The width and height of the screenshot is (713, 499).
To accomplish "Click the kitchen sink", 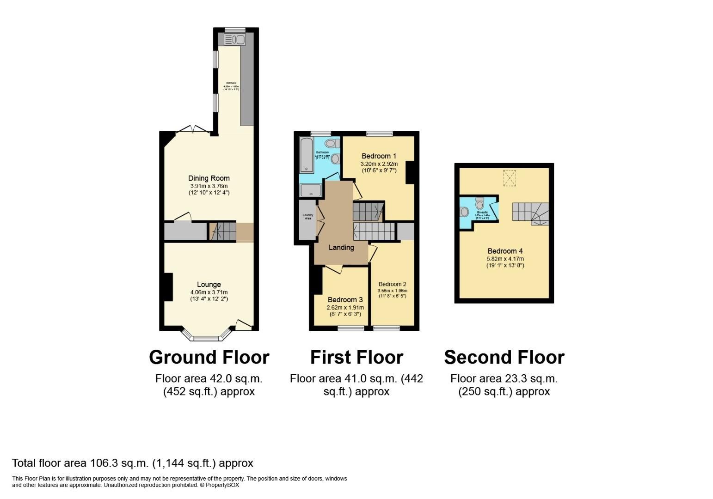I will click(x=234, y=40).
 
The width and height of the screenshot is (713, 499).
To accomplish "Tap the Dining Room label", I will click(x=209, y=178).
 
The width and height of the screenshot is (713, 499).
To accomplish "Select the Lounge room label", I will click(x=209, y=285).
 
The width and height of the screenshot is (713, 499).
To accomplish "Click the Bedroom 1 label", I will click(x=379, y=156).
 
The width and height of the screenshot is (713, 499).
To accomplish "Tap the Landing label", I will click(x=341, y=248).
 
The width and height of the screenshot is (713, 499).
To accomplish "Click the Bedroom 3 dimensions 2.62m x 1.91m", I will click(x=345, y=308).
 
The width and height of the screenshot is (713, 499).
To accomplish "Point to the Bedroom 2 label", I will click(x=392, y=284).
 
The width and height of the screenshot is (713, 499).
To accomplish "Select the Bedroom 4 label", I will click(x=505, y=251).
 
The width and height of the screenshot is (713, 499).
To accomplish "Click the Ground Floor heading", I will click(x=209, y=357).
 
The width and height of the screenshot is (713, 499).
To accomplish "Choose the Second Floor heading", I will click(x=504, y=357).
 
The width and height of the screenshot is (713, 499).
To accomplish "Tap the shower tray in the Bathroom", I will click(x=310, y=189).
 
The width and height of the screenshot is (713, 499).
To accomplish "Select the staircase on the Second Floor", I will click(x=530, y=213).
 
